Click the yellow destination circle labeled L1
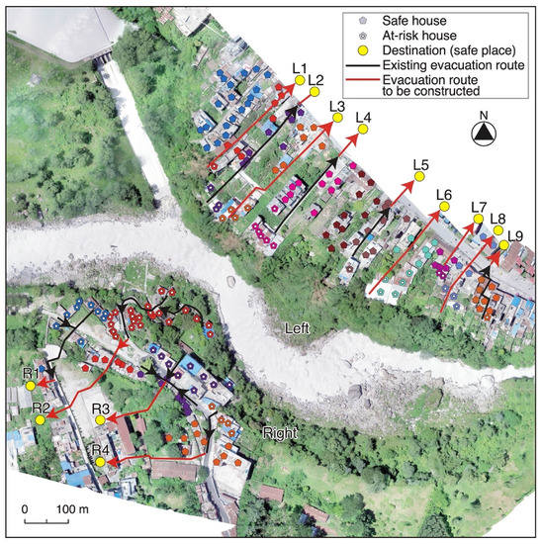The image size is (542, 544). (x=301, y=81)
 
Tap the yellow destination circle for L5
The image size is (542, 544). (x=418, y=176)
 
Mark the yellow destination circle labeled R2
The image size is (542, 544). (x=41, y=419)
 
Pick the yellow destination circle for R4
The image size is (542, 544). (x=100, y=461)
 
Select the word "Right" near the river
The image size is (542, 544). (x=282, y=432)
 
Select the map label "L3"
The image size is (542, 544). (x=335, y=105)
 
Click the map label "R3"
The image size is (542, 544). (x=101, y=408)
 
